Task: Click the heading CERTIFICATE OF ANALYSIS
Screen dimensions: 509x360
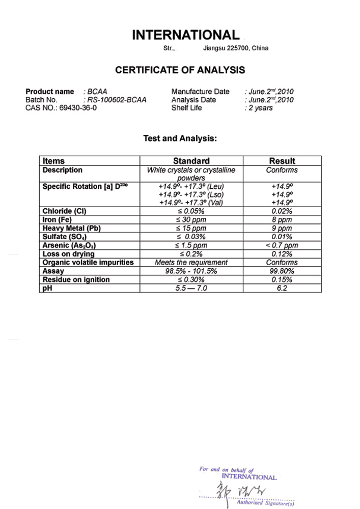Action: point(180,70)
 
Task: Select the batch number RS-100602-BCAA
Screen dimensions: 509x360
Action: point(117,100)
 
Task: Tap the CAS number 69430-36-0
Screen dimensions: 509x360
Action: point(78,108)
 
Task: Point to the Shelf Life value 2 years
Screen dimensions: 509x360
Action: point(260,108)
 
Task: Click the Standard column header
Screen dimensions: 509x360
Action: point(191,161)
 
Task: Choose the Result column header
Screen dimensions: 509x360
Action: point(282,161)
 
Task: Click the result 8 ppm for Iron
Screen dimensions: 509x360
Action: point(282,220)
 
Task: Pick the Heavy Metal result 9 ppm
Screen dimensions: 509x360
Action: point(282,229)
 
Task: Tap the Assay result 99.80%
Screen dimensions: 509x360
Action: point(282,271)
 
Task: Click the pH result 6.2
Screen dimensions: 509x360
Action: point(282,288)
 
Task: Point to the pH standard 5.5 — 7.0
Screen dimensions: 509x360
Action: point(191,288)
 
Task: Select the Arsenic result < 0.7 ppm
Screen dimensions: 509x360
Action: point(282,245)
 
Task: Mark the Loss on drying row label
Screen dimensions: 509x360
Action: point(69,254)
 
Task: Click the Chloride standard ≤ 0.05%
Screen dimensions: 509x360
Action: point(191,211)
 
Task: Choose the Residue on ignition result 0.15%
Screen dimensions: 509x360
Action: point(282,279)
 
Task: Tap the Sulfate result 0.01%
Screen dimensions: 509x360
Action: point(282,237)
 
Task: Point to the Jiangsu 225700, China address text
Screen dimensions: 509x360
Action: point(235,48)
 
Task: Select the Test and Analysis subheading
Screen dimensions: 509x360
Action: point(180,138)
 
